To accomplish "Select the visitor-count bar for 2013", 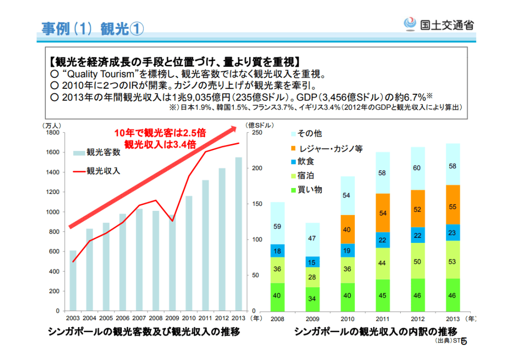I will click(x=239, y=234).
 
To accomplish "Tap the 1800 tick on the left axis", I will click(x=52, y=133).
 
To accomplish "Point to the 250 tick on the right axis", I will click(x=256, y=133).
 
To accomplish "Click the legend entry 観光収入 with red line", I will click(x=103, y=171).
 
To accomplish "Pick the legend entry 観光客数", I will click(x=103, y=152).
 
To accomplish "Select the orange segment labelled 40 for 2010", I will click(x=347, y=229).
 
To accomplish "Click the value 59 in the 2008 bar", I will click(x=277, y=226).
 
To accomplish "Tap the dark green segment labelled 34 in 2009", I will click(x=312, y=299).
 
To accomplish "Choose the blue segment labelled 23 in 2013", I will click(x=453, y=232).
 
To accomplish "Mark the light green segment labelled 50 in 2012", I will click(x=418, y=261).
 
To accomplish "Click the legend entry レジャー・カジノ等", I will click(x=329, y=148).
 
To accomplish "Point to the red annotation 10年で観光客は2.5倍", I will click(x=160, y=133).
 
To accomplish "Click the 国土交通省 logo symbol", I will click(x=409, y=24).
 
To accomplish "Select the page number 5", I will click(x=464, y=342).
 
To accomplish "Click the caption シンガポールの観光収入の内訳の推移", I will click(x=375, y=331).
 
